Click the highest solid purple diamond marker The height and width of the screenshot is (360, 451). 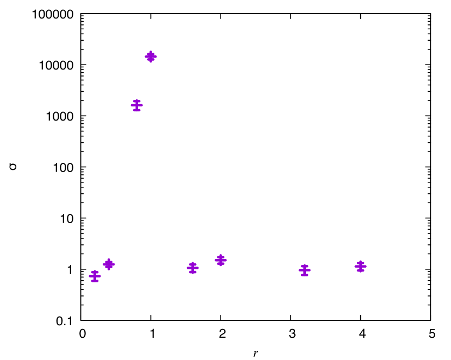click(151, 56)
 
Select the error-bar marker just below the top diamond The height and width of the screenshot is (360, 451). click(136, 105)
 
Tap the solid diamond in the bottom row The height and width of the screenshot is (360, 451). click(109, 264)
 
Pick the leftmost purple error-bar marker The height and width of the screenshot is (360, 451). click(95, 276)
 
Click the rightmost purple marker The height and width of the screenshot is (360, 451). click(360, 266)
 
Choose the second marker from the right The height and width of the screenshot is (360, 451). click(304, 270)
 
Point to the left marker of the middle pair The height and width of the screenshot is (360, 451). click(192, 268)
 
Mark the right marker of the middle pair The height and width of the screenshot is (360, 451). click(221, 260)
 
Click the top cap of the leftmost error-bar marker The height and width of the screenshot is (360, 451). click(95, 271)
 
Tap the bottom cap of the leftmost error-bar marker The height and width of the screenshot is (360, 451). click(95, 281)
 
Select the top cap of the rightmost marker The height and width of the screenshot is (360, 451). click(360, 262)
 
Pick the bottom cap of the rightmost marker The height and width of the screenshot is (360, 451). click(360, 270)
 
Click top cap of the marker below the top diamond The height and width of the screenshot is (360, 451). click(136, 100)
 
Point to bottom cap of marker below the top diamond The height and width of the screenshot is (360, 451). click(136, 110)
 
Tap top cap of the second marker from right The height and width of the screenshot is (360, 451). click(304, 266)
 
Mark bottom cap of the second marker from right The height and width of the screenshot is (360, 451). click(304, 275)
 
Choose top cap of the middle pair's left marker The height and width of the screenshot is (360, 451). click(192, 263)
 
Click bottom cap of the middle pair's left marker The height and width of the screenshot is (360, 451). click(192, 272)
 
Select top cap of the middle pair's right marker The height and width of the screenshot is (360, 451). click(221, 256)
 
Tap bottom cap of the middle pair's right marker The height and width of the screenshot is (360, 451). click(221, 264)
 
